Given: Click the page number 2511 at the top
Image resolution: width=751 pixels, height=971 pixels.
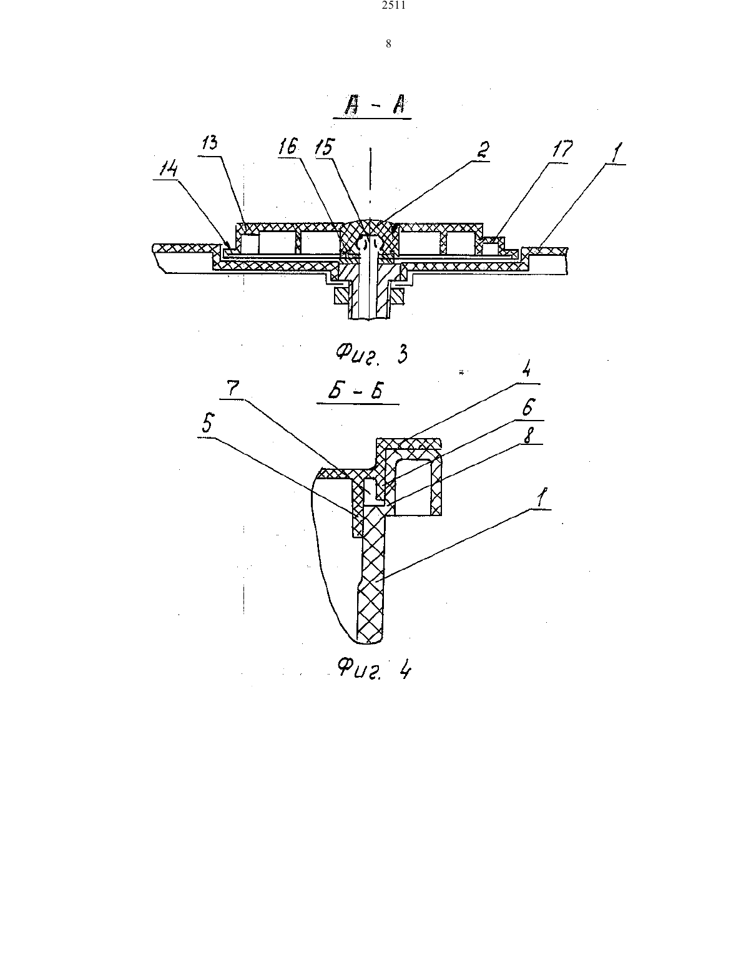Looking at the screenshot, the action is click(x=394, y=6).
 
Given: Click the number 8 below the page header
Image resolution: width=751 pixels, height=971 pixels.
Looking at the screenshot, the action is click(x=388, y=44).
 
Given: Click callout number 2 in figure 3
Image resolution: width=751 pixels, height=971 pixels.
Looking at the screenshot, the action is click(x=482, y=150).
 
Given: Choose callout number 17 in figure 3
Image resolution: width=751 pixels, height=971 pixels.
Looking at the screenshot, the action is click(x=561, y=149).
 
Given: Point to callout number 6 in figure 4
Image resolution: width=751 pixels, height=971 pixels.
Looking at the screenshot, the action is click(x=528, y=407).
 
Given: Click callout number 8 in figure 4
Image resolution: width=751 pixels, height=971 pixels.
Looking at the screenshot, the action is click(x=528, y=435).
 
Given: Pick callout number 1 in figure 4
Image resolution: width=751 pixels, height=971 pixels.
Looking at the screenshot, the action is click(x=542, y=497).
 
